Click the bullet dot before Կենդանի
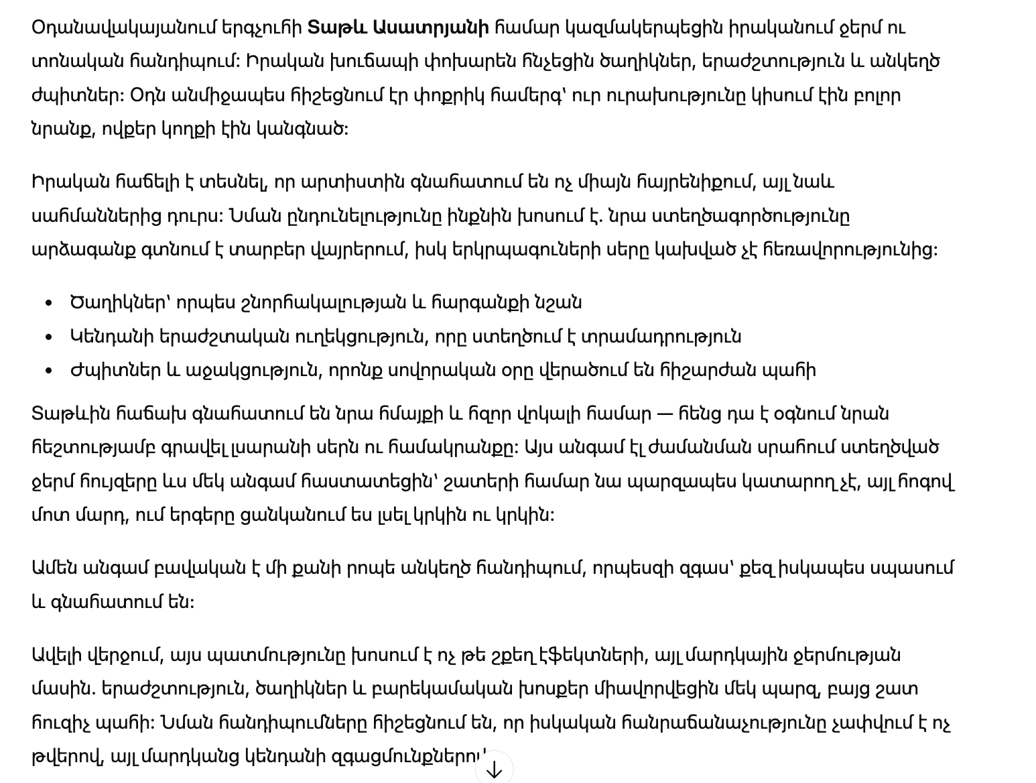click(x=48, y=337)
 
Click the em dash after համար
click(x=665, y=414)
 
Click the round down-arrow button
click(x=494, y=768)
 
